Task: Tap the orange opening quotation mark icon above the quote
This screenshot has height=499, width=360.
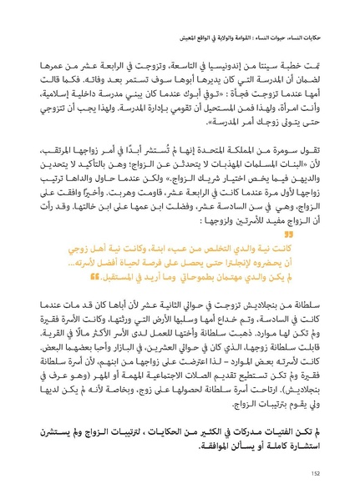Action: [315, 234]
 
